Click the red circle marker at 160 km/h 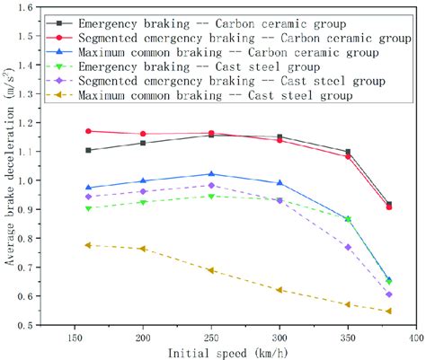pos(88,131)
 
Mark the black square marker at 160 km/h pos(88,150)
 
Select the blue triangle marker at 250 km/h pos(211,174)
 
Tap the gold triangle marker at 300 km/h pos(280,289)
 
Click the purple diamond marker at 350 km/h pos(348,247)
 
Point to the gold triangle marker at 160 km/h pos(88,245)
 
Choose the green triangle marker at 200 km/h pos(143,202)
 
